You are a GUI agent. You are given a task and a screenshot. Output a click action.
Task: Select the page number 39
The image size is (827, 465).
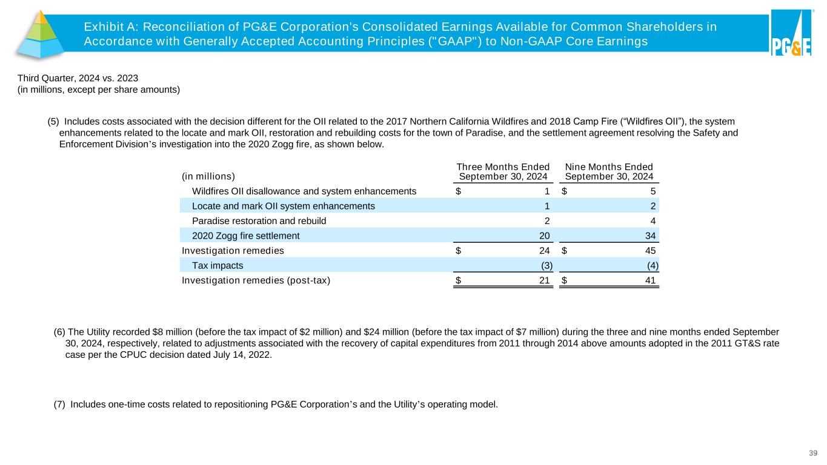(814, 453)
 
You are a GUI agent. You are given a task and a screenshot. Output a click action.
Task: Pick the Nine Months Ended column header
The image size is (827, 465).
(608, 172)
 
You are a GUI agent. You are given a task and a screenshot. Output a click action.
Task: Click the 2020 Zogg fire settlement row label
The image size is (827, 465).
(245, 236)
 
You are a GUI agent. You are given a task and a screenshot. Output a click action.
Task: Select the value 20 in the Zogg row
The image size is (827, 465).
(545, 236)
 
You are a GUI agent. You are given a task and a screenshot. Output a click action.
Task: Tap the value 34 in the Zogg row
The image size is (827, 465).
(650, 236)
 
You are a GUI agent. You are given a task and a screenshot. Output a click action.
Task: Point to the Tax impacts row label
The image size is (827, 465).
(218, 265)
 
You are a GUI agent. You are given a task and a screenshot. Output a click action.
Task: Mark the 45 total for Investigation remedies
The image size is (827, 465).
(650, 250)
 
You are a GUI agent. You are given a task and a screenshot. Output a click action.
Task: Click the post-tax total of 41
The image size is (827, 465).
(650, 280)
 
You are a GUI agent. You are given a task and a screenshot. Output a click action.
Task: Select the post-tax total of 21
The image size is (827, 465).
(545, 280)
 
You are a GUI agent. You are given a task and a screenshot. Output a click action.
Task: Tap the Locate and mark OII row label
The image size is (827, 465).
(283, 206)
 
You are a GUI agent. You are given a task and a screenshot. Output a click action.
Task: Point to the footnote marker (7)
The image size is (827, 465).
(60, 405)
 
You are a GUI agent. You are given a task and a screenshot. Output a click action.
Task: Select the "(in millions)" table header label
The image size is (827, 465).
(208, 177)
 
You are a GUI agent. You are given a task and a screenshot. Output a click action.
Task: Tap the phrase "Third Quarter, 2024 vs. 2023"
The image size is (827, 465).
(79, 79)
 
